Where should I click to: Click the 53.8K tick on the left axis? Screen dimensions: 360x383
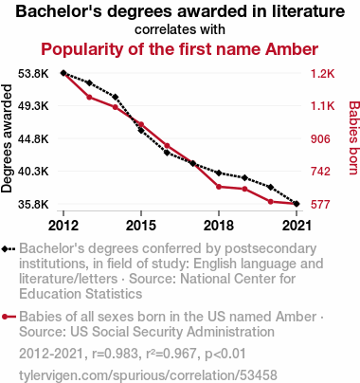coord(33,74)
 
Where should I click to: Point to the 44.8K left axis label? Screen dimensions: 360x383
coord(33,138)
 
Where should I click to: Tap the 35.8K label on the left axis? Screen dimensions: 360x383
coord(33,205)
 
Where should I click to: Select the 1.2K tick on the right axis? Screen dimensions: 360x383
coord(322,74)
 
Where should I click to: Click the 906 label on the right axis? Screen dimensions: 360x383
coord(320,138)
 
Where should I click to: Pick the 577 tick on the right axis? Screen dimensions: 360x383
coord(320,205)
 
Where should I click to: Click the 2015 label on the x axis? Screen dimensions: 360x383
coord(141,226)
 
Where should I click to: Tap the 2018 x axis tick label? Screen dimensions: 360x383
coord(219,226)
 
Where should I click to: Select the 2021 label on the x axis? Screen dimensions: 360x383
coord(297,226)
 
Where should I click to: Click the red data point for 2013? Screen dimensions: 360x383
coord(89,97)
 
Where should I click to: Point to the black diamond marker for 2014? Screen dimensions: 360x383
coord(116,97)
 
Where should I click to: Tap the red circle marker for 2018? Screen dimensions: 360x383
coord(219,187)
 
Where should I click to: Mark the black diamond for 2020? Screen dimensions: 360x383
coord(271,187)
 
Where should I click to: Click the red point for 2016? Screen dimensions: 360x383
coord(167,146)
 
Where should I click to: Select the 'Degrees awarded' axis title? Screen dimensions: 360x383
coord(7,138)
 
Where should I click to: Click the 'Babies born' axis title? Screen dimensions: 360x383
coord(354,137)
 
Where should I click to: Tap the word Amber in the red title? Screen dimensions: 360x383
coord(292,49)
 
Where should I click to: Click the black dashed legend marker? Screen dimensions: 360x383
coord(9,249)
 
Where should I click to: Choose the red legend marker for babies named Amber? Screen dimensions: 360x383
coord(9,317)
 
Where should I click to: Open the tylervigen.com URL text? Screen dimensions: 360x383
coord(148,375)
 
